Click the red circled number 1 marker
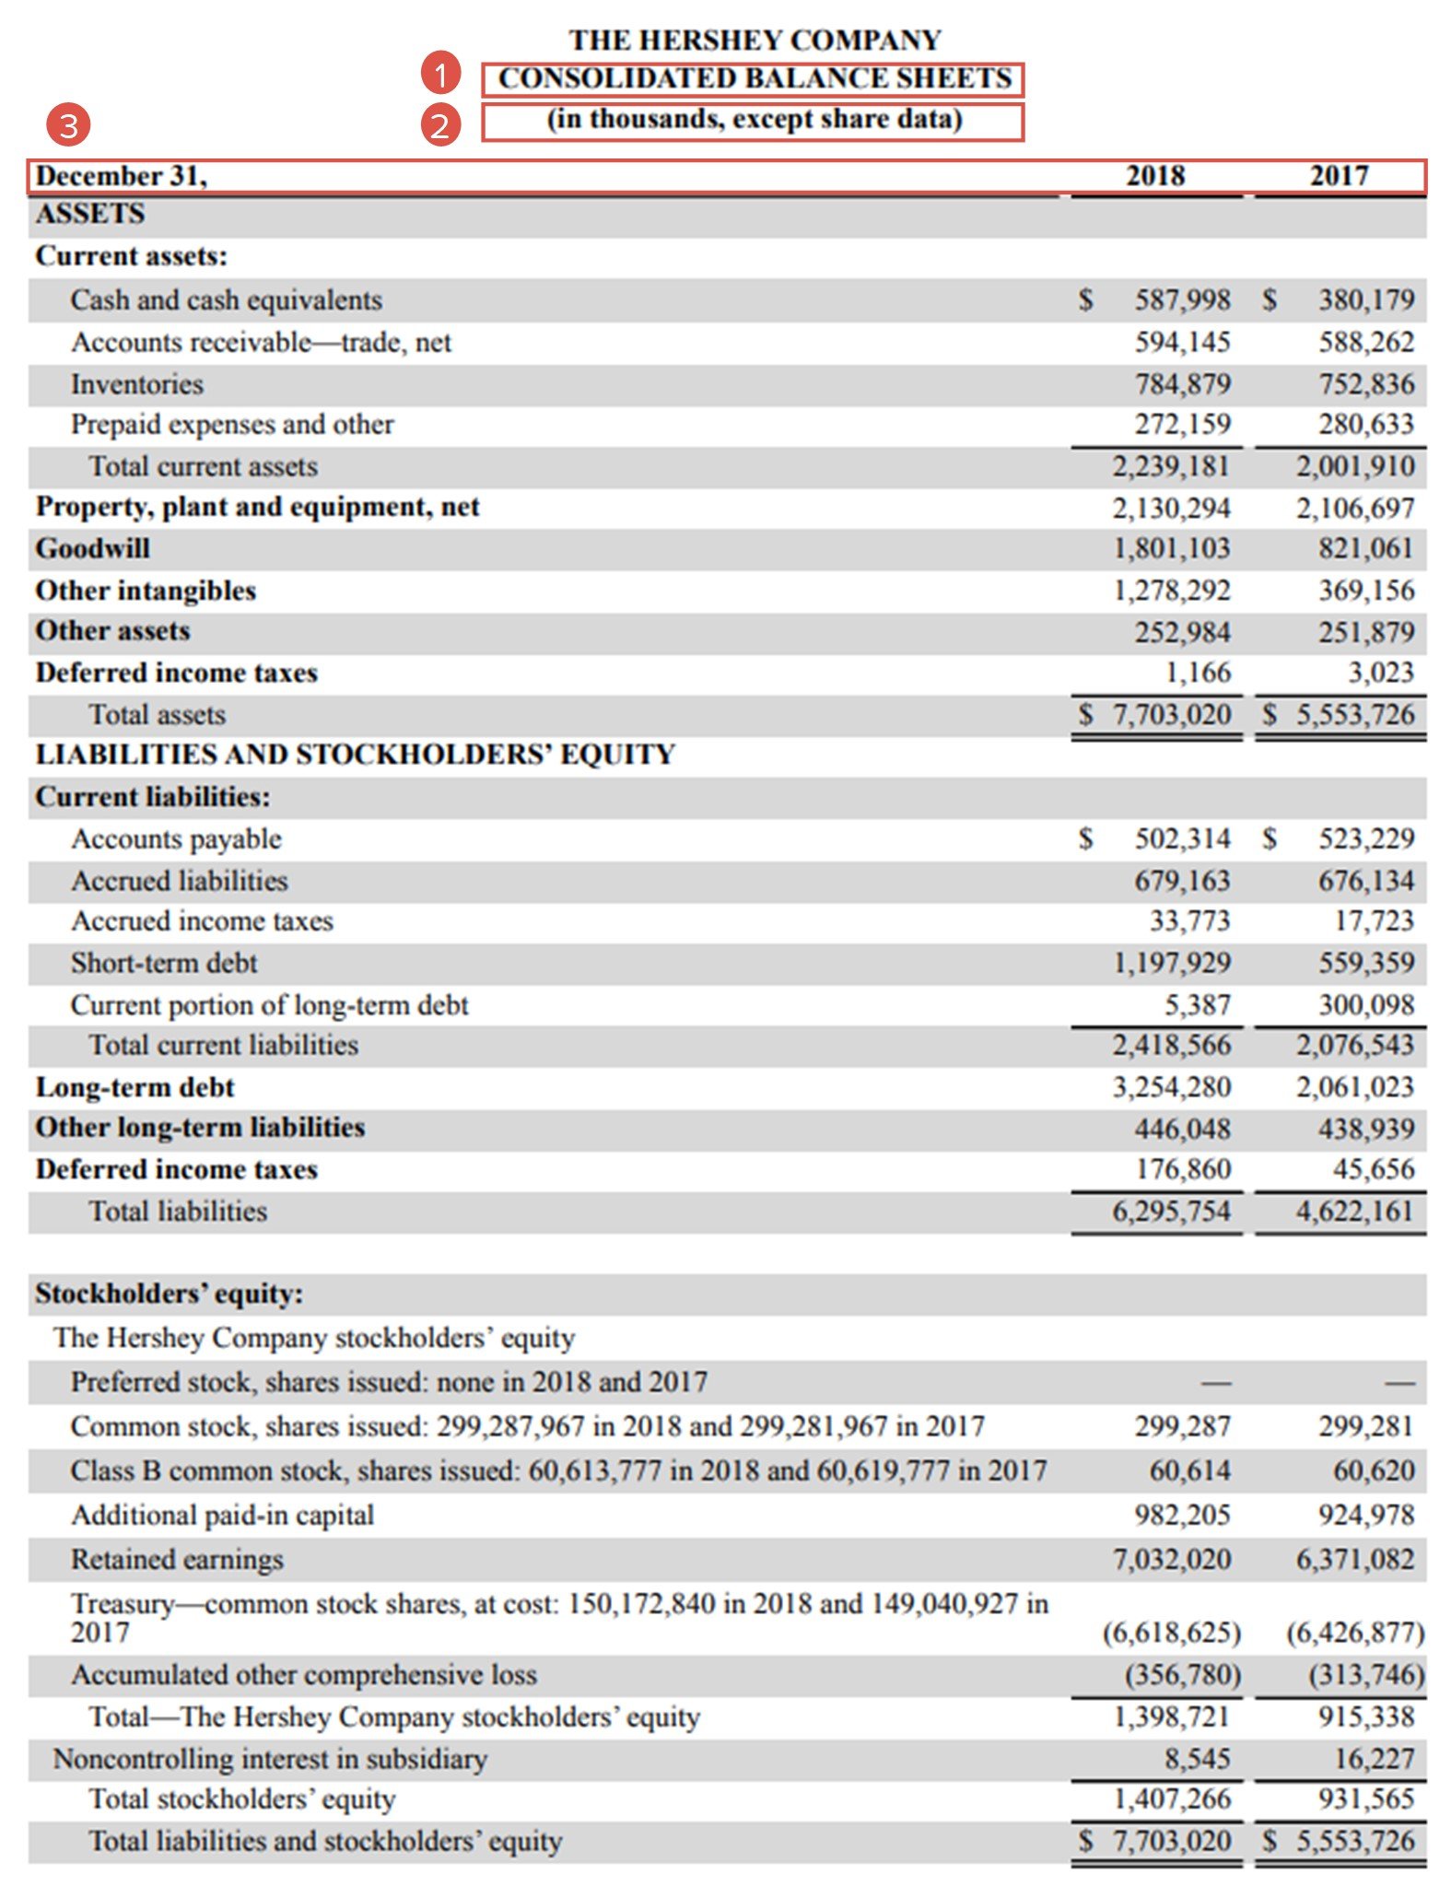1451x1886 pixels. tap(440, 74)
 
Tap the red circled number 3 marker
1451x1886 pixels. tap(69, 124)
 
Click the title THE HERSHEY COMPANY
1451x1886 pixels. tap(754, 40)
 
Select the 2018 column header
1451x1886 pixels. tap(1154, 175)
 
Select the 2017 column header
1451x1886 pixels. tap(1339, 175)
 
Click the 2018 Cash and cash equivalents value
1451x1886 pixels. tap(1181, 299)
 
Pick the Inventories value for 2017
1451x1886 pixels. tap(1365, 383)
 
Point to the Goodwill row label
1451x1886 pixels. tap(92, 548)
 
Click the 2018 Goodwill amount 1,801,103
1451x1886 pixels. tap(1171, 548)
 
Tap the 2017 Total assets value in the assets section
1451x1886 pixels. tap(1354, 714)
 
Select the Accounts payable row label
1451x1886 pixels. tap(176, 838)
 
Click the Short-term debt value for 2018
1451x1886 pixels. tap(1171, 963)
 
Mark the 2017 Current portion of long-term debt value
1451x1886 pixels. tap(1365, 1004)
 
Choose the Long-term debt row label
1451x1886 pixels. tap(135, 1087)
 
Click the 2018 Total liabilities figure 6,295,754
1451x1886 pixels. tap(1170, 1211)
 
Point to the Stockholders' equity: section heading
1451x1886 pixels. tap(169, 1294)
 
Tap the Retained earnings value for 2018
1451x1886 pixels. tap(1171, 1559)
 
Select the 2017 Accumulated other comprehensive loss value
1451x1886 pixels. tap(1365, 1674)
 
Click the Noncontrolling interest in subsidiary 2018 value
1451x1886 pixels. tap(1197, 1758)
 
